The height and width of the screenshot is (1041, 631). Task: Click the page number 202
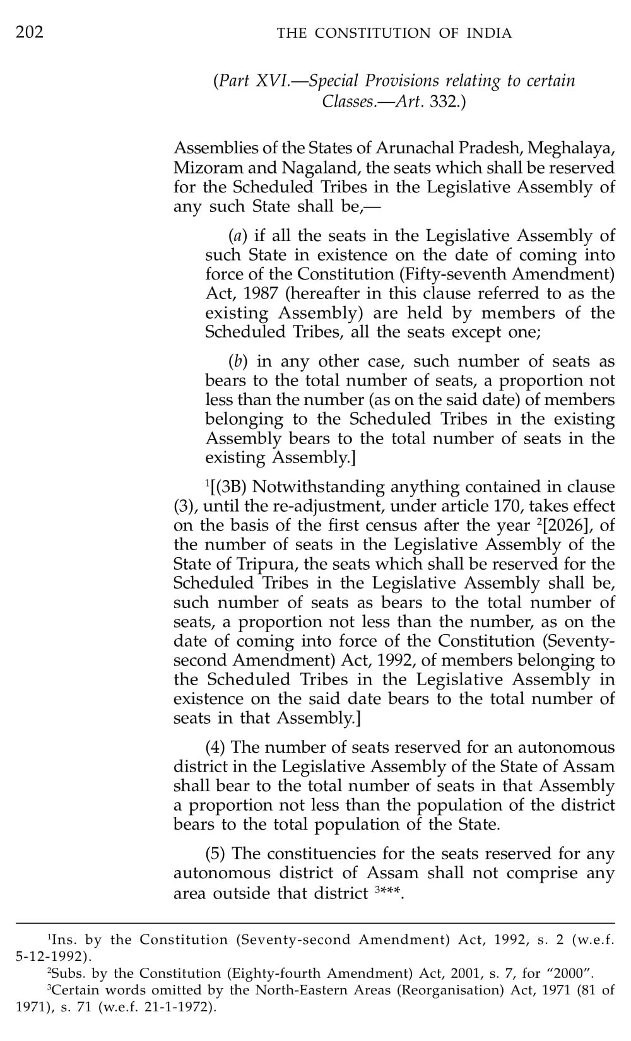click(30, 32)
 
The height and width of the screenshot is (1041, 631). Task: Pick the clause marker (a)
click(237, 236)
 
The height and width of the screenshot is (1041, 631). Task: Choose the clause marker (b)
click(237, 362)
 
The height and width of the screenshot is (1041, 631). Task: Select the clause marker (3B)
click(230, 487)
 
